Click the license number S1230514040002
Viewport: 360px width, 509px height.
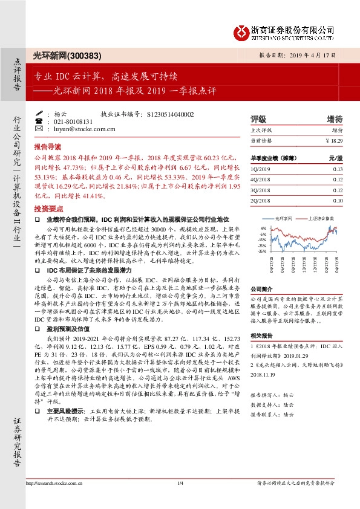171,114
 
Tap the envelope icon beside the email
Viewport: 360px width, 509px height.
39,129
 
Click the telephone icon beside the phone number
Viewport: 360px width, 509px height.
39,121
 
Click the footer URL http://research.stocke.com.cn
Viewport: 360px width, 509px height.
51,500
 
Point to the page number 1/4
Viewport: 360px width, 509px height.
180,500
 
